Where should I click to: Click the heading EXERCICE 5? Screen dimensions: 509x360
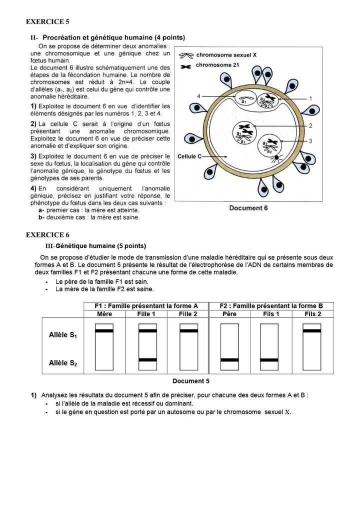(47, 21)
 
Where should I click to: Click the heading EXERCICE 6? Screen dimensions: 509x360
(47, 234)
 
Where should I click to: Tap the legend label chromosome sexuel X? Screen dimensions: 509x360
(226, 55)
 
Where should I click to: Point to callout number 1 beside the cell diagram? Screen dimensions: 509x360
(310, 98)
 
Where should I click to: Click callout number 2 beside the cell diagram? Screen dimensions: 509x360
(310, 125)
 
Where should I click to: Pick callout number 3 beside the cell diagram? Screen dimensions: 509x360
(310, 141)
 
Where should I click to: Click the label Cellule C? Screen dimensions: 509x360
(189, 156)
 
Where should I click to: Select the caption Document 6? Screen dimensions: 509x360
(248, 208)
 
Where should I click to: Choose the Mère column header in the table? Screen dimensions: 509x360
(104, 314)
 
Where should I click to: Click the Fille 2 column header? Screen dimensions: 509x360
(188, 314)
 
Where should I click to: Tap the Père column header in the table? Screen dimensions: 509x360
(229, 314)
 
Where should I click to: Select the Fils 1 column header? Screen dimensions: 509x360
(271, 314)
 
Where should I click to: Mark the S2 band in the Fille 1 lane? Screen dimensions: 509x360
(147, 359)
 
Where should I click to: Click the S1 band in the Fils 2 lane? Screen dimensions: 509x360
(312, 330)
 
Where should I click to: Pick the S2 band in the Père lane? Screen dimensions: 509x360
(229, 359)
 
